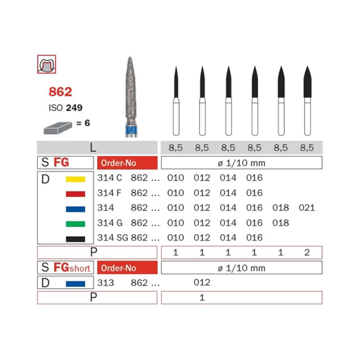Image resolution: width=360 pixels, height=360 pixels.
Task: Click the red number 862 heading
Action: point(60,91)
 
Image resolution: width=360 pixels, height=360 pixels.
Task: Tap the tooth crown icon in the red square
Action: point(46,64)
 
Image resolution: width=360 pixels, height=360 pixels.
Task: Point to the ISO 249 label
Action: point(65,108)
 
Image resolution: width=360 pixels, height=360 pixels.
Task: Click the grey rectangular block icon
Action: point(58,128)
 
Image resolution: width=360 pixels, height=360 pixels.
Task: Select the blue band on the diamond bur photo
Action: point(131,129)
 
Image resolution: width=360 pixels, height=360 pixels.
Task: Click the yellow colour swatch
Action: point(75,179)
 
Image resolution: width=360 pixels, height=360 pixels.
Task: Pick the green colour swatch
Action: point(75,224)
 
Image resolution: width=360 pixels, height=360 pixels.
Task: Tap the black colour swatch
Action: point(75,239)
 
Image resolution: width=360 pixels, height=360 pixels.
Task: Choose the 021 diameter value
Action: point(307,208)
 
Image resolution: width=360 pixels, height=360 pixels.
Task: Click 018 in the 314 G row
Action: point(281,223)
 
